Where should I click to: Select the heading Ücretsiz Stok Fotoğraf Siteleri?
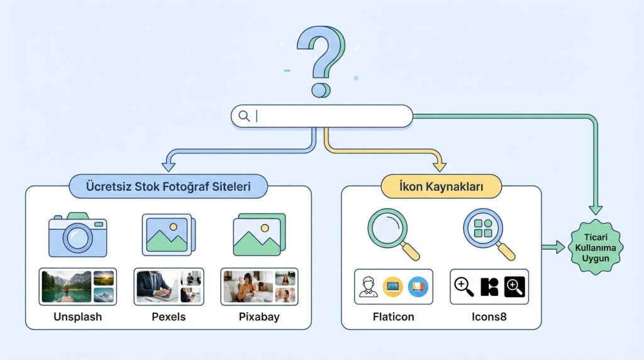(x=168, y=187)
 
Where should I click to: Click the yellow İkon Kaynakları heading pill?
(x=441, y=187)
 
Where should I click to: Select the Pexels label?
(x=169, y=317)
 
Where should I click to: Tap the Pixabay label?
(x=259, y=317)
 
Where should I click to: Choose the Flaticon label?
(x=394, y=317)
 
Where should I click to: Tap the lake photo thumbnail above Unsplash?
(x=66, y=286)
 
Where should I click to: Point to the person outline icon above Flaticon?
(x=369, y=287)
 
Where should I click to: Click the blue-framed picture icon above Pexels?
(x=168, y=234)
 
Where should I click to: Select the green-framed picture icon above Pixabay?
(x=258, y=234)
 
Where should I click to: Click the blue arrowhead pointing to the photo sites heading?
(x=168, y=167)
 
